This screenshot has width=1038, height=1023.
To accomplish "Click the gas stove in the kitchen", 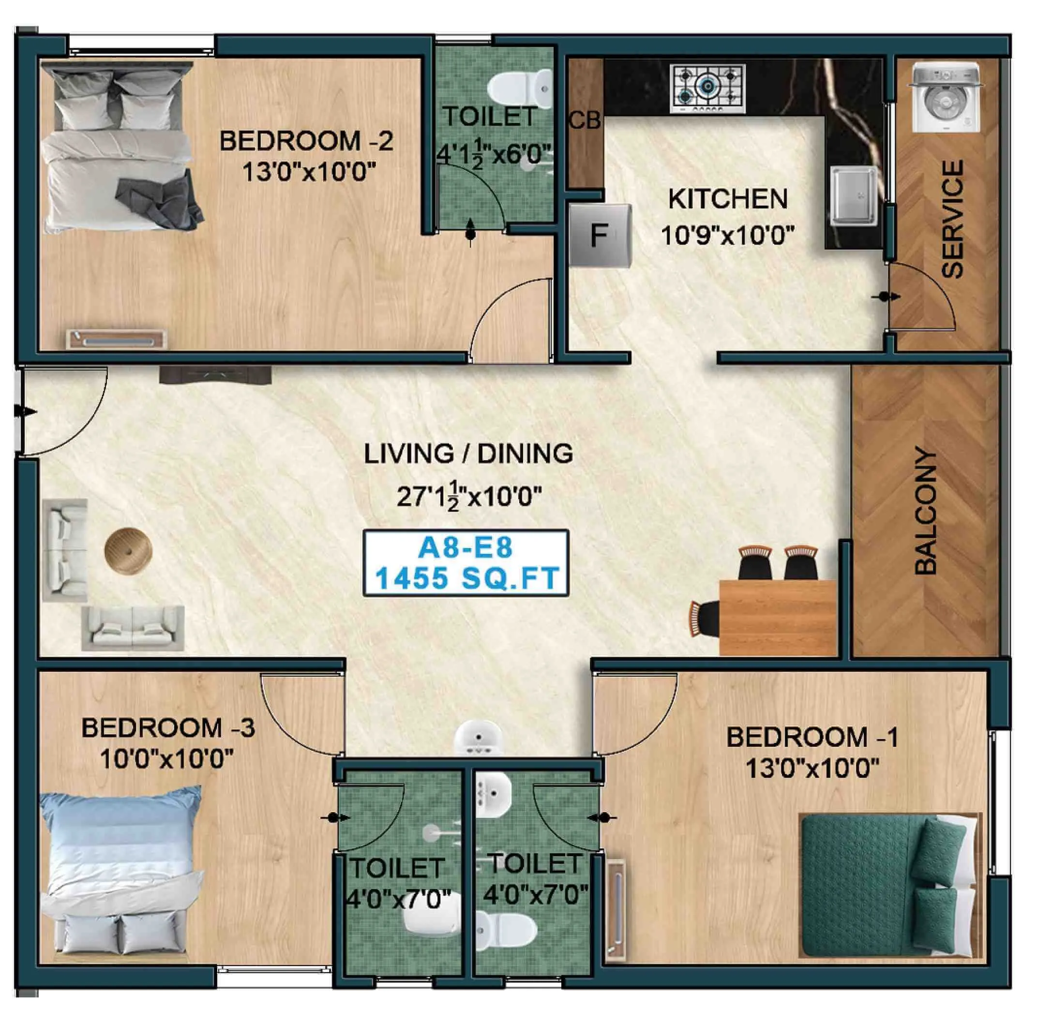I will [x=707, y=89].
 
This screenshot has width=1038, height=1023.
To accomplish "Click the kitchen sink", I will [x=854, y=195].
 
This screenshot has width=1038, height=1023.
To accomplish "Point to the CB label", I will [x=585, y=121].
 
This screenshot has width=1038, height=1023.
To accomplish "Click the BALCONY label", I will [x=926, y=511].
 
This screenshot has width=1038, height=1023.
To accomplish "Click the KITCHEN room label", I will [x=727, y=199].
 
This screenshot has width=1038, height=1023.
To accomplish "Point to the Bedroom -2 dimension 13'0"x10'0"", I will [x=308, y=173].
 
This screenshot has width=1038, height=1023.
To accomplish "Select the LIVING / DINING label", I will [x=468, y=454].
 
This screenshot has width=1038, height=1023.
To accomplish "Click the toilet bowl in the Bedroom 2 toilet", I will [x=519, y=86].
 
